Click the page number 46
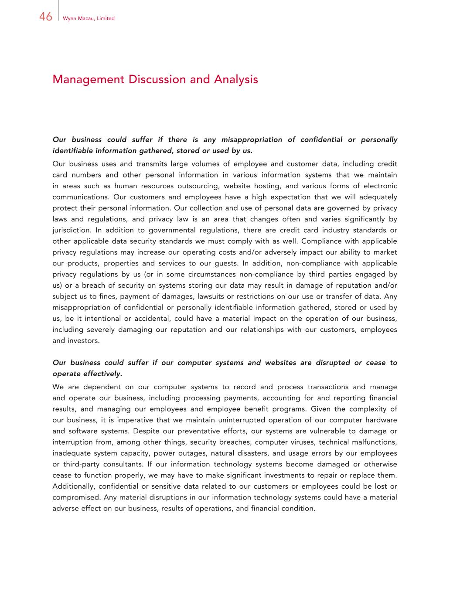click(x=45, y=17)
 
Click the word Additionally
click(x=74, y=486)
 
